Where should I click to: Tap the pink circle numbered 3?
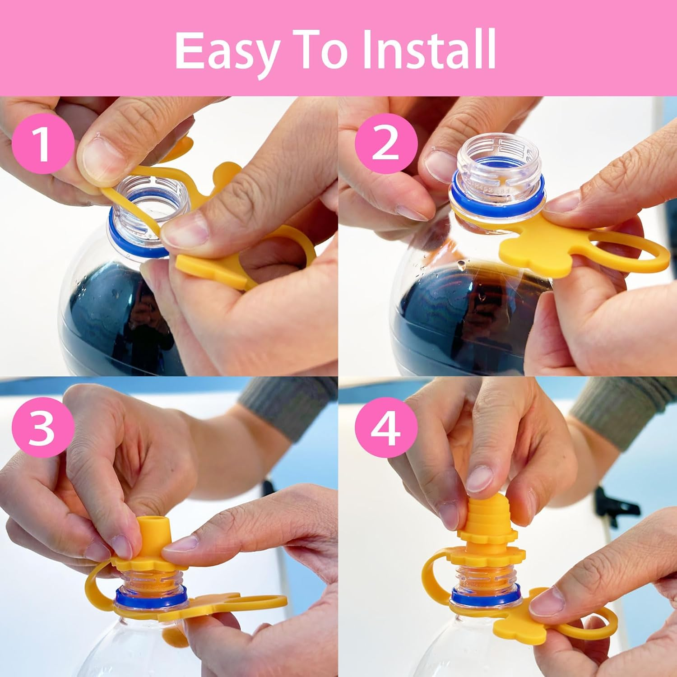(42, 427)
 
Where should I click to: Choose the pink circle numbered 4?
(385, 427)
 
